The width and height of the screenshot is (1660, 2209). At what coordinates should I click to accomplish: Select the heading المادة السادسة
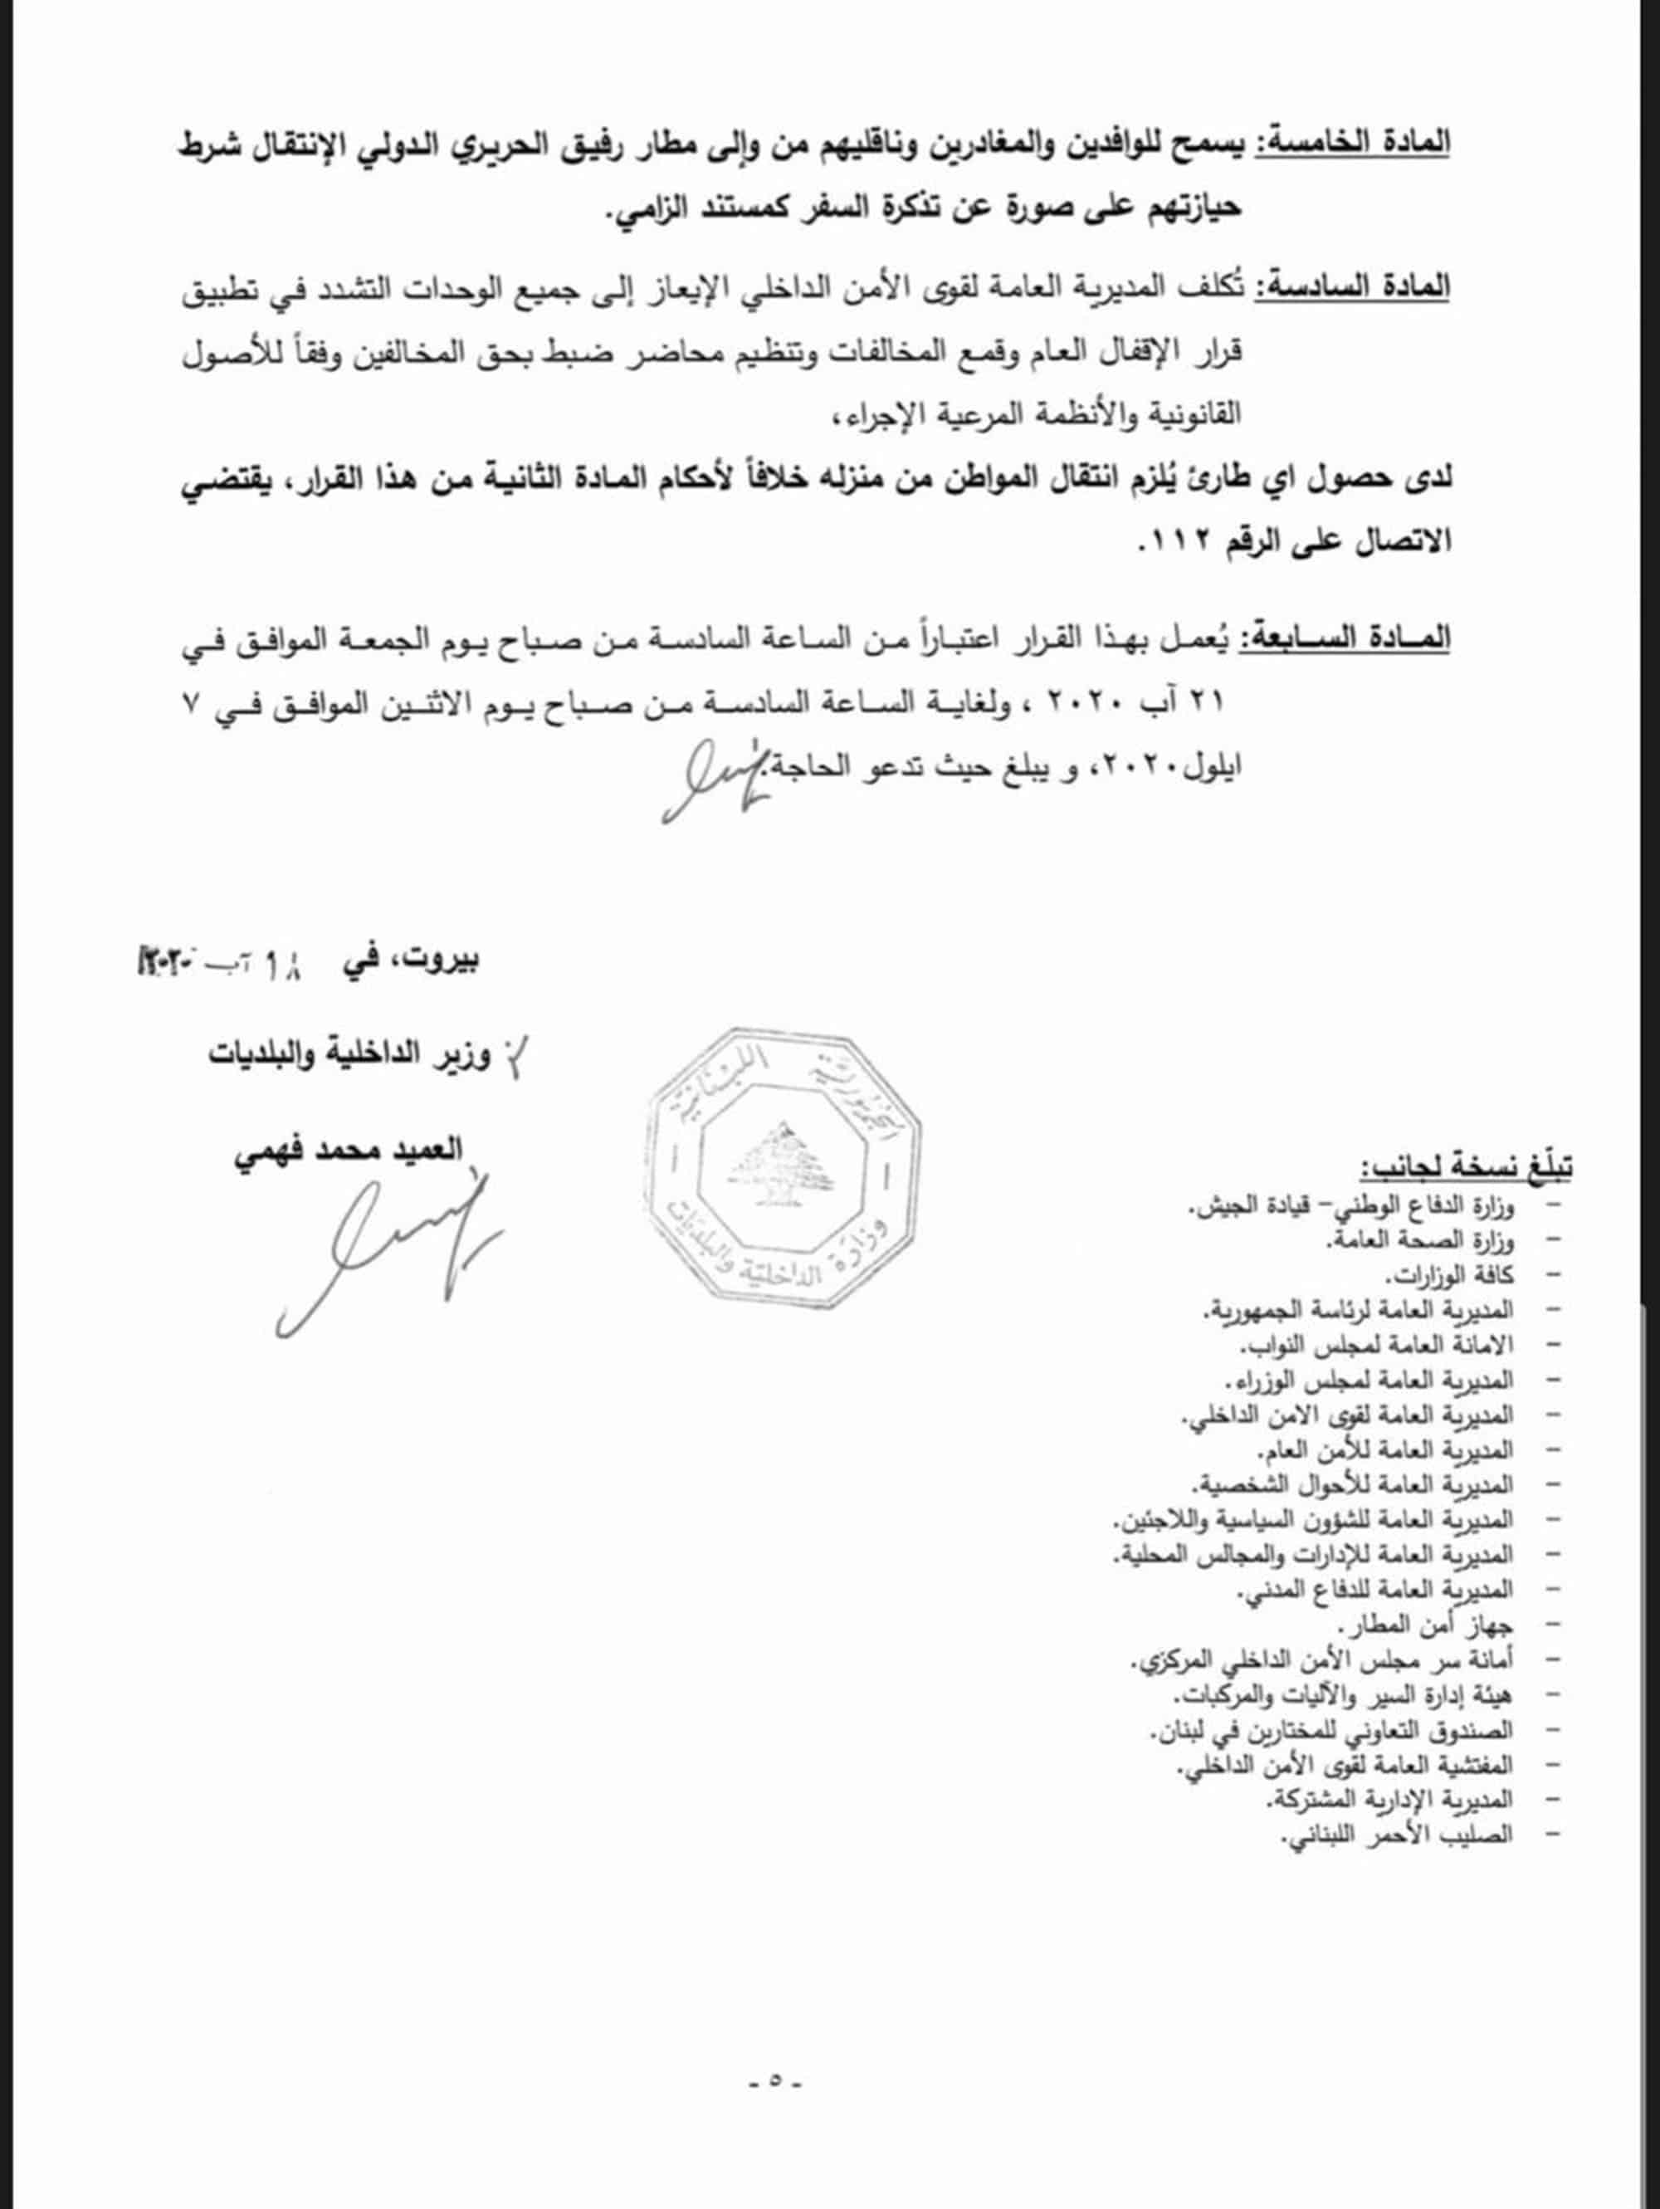pos(1353,287)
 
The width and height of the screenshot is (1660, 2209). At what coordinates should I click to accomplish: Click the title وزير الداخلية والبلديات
pos(350,1057)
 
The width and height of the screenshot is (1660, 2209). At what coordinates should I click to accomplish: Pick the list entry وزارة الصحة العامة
pos(1418,1240)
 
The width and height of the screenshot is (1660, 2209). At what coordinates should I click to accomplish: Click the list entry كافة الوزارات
pos(1448,1275)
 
